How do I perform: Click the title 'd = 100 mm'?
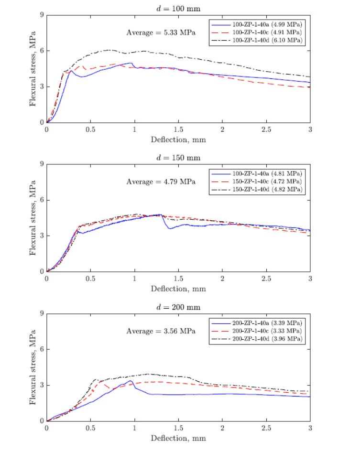[x=178, y=8]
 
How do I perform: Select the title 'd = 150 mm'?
[x=178, y=157]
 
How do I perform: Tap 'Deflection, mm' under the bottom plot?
[x=178, y=438]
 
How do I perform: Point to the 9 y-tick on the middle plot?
[x=42, y=164]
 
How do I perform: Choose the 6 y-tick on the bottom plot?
[x=42, y=349]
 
